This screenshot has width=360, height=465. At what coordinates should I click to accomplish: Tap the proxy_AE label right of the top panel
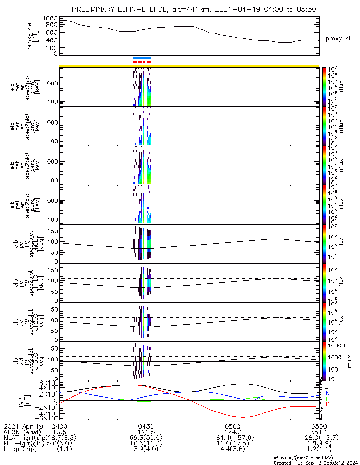tap(339, 38)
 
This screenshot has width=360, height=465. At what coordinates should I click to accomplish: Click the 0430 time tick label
tap(146, 426)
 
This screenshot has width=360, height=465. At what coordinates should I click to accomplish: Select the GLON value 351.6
tap(319, 432)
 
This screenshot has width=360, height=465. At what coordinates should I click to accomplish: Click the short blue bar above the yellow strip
tap(142, 58)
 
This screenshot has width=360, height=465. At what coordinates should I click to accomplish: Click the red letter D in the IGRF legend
tap(328, 405)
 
